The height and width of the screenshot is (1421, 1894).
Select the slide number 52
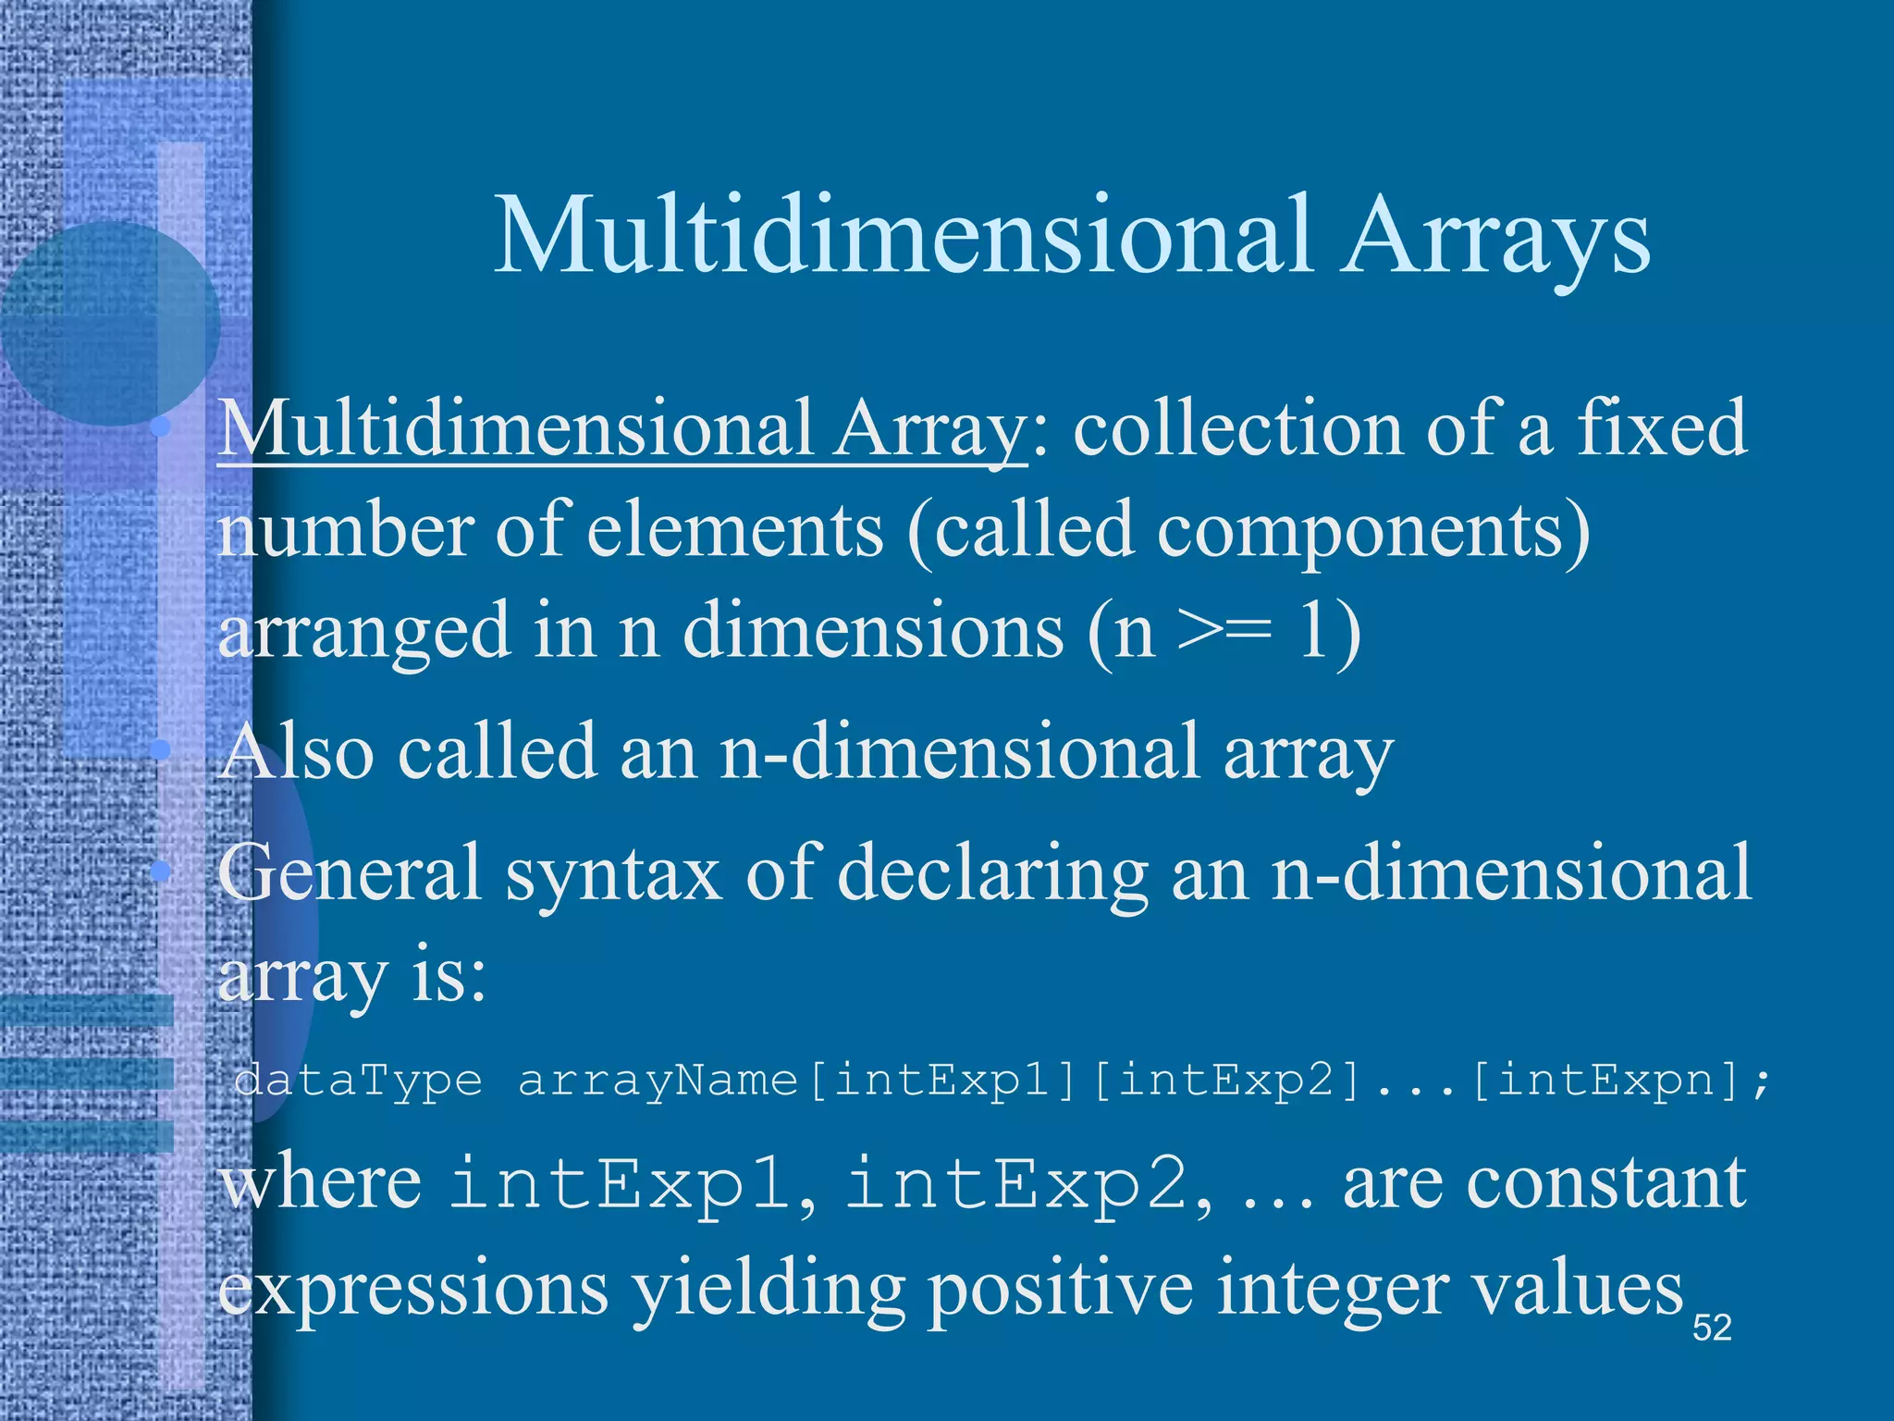(x=1712, y=1328)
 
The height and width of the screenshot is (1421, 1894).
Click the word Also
(x=298, y=751)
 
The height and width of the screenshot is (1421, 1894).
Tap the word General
(x=350, y=873)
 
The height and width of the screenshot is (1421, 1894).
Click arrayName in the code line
(x=658, y=1081)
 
